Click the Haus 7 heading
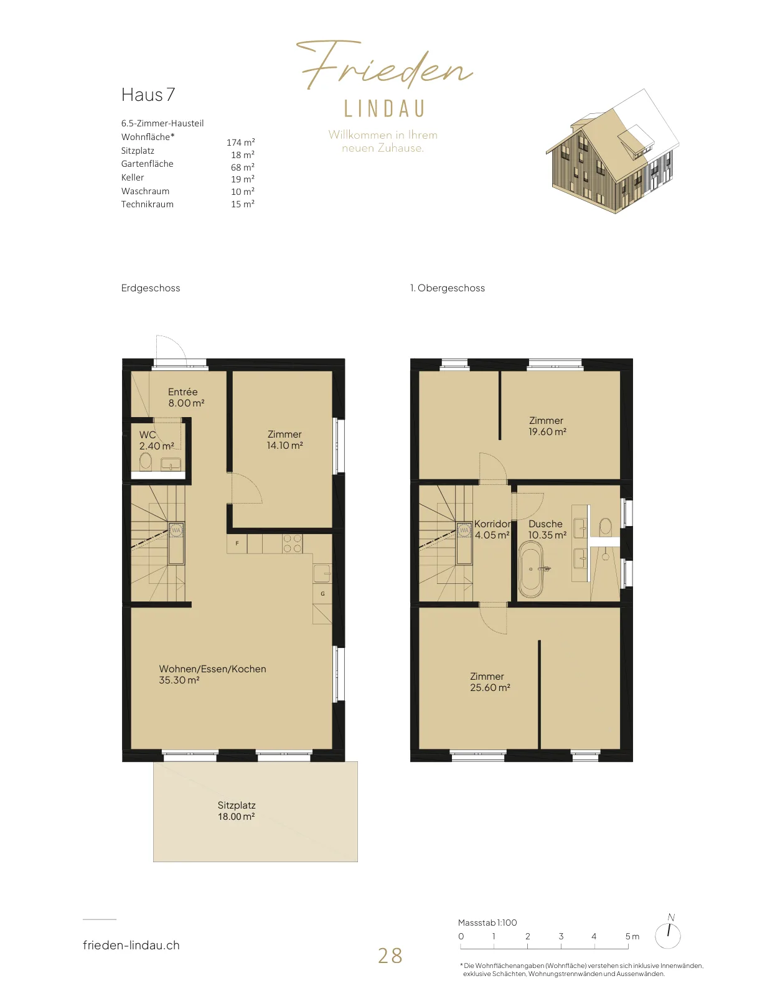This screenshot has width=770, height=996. tap(148, 95)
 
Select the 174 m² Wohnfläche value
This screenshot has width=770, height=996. tap(241, 143)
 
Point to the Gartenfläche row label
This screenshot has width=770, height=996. tap(147, 164)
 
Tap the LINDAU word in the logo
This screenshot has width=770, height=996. tap(385, 109)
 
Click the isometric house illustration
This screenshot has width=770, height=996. tap(613, 151)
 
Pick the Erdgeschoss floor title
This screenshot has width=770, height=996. tap(151, 288)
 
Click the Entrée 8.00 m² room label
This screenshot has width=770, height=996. tap(185, 397)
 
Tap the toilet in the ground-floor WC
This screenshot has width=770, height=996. tap(145, 461)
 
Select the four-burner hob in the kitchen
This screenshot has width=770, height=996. tap(292, 543)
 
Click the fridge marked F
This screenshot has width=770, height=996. tap(237, 543)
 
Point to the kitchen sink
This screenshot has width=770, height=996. tap(322, 573)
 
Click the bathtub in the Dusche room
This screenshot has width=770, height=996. tap(531, 569)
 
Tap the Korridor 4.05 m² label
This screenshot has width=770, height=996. tap(492, 529)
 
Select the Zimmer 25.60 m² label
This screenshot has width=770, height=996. tap(489, 682)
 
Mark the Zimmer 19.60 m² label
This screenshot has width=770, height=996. tap(547, 426)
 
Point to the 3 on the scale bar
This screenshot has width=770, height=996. tap(561, 936)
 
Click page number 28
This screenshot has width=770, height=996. tap(390, 956)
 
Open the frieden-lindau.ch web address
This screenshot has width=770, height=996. tap(131, 945)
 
